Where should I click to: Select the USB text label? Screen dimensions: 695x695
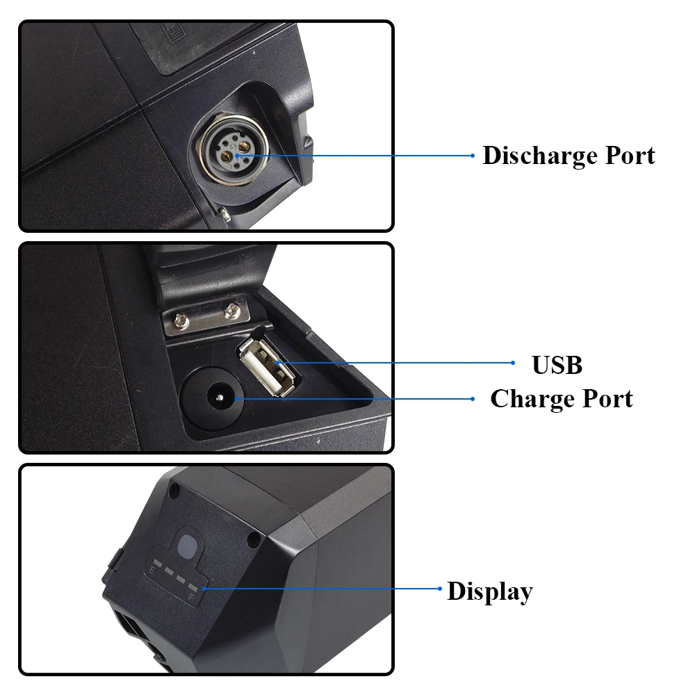[557, 365]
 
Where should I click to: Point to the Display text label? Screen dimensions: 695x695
[490, 591]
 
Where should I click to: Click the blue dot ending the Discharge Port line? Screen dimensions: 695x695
[473, 156]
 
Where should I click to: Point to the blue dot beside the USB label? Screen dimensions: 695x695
[513, 363]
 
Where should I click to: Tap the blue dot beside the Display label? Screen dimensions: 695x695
[440, 589]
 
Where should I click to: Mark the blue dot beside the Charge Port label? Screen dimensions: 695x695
[473, 399]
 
